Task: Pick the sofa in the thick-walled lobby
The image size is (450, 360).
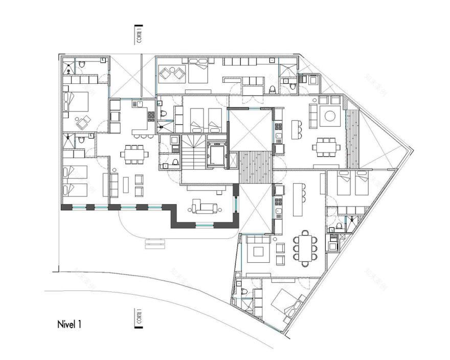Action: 204,207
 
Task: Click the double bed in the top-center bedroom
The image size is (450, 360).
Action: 197,71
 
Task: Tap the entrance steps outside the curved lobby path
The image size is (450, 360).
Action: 156,244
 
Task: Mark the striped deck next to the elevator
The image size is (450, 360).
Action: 254,167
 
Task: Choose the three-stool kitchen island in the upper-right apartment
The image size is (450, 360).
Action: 297,131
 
